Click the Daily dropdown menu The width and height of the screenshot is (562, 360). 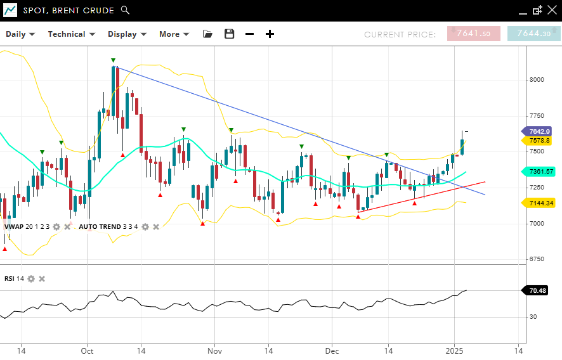point(20,34)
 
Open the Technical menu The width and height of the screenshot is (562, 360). point(71,34)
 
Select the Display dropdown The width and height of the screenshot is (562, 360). point(127,34)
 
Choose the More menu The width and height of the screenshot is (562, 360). point(173,34)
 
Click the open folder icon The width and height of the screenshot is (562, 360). point(208,34)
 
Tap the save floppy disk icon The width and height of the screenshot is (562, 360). point(230,34)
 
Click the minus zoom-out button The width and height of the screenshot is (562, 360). point(250,34)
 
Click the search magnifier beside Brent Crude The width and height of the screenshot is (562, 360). point(125,10)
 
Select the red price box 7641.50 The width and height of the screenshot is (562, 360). point(473,34)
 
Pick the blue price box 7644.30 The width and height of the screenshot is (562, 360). point(533,34)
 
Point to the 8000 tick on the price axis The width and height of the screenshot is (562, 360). point(537,80)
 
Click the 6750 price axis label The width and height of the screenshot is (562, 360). point(537,259)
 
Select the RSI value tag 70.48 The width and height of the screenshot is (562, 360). point(537,291)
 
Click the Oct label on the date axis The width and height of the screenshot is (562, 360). point(88,350)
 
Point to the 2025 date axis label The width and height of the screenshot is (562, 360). point(454,350)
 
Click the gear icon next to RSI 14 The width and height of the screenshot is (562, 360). point(30,279)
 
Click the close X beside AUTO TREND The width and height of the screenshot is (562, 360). point(156,227)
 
